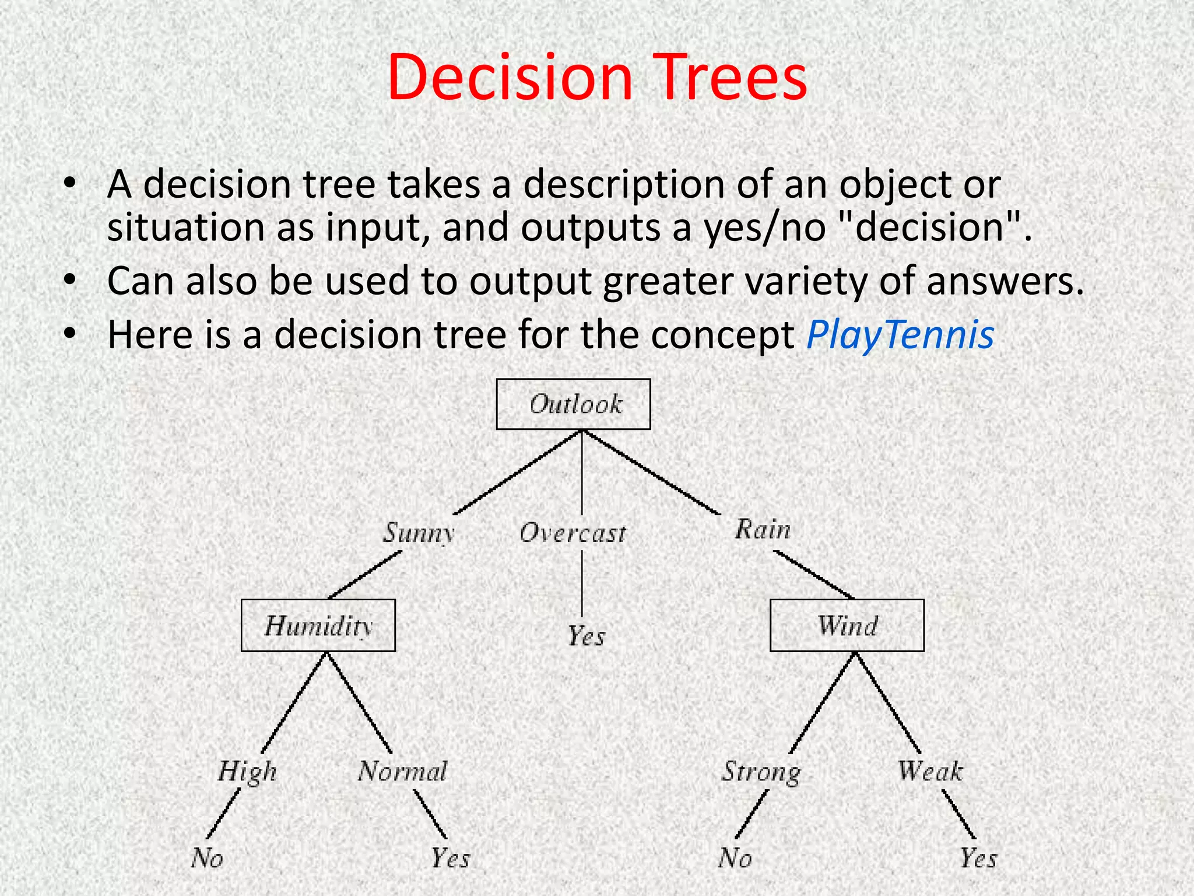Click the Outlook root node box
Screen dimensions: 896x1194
coord(573,404)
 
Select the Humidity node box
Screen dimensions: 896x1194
coord(318,625)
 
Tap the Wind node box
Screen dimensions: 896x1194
coord(847,625)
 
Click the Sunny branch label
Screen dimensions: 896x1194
coord(418,533)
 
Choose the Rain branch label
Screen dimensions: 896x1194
coord(763,530)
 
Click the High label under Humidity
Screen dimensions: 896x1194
coord(247,772)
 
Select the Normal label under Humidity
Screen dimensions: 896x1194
coord(402,771)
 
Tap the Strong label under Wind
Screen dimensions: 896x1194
coord(761,772)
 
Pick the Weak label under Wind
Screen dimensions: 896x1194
coord(930,771)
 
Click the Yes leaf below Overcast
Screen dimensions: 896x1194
coord(586,636)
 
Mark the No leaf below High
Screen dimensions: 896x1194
coord(207,858)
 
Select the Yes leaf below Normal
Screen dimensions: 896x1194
coord(450,858)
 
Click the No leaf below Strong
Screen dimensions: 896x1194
coord(735,858)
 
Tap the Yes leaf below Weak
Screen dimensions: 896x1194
coord(978,858)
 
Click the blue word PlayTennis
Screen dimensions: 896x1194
coord(900,335)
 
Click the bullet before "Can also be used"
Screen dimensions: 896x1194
coord(70,281)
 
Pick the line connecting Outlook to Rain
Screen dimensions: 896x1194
coord(651,472)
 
